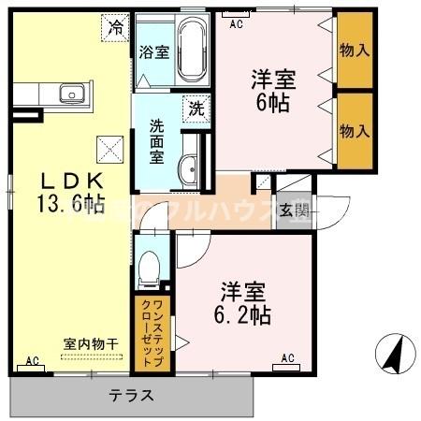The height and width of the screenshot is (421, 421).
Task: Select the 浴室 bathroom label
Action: [x=153, y=52]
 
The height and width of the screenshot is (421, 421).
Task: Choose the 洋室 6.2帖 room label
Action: [x=246, y=299]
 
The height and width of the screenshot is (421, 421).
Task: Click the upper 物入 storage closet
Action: [x=353, y=47]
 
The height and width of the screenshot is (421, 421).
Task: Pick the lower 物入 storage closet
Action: [x=353, y=131]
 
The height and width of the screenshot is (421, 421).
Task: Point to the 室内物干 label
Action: [x=91, y=344]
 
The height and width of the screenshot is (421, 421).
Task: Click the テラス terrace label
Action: [x=132, y=395]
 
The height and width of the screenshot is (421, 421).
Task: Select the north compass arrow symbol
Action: [x=395, y=354]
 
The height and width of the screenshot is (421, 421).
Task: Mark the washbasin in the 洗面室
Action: [x=186, y=168]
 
